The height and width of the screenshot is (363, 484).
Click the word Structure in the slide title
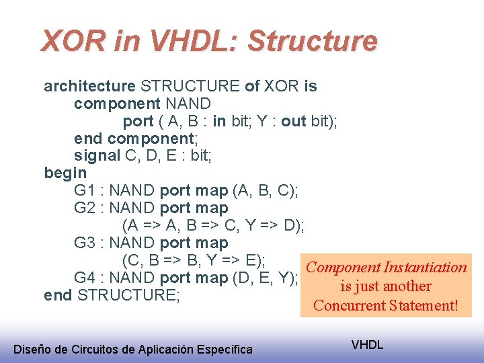click(x=312, y=42)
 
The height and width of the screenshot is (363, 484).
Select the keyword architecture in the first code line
click(x=89, y=86)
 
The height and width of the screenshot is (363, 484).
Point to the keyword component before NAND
click(x=117, y=104)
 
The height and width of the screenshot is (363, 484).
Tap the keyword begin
click(x=65, y=173)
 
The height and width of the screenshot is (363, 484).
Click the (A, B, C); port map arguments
click(x=266, y=191)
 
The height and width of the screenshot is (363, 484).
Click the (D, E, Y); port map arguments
click(x=266, y=278)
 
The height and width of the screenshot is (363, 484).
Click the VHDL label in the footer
click(x=367, y=345)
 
